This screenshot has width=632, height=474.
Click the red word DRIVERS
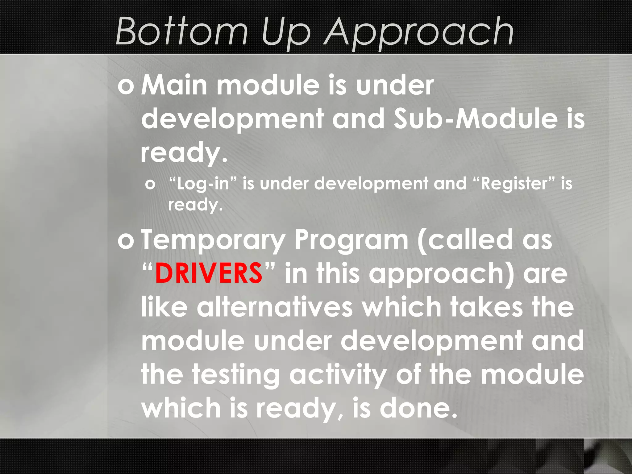(x=209, y=273)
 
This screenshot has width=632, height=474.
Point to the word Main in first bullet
(x=174, y=85)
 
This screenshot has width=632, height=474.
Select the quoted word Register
(x=513, y=184)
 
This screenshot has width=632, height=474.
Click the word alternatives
(x=275, y=307)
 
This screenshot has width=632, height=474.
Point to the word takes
(x=486, y=307)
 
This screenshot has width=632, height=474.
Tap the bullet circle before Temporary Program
(x=126, y=241)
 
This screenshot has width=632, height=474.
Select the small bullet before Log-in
(x=150, y=185)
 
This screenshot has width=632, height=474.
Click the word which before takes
(x=402, y=307)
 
